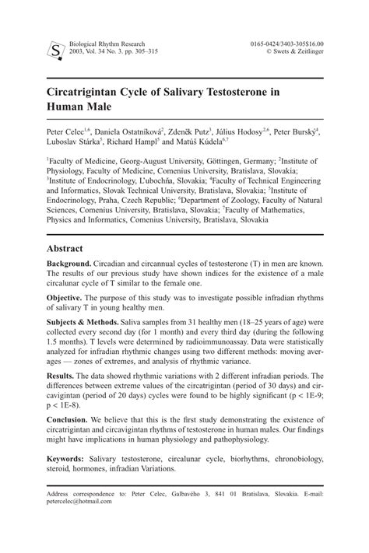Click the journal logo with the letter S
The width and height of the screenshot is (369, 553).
(54, 50)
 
